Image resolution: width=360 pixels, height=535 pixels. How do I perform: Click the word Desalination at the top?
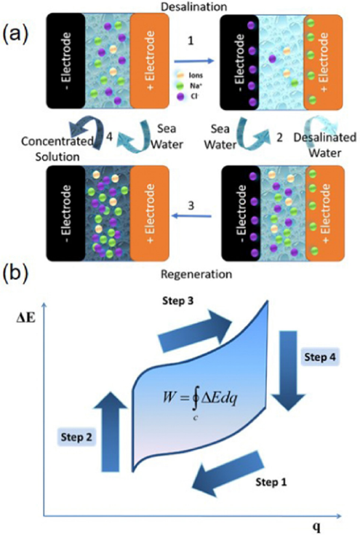tap(194, 7)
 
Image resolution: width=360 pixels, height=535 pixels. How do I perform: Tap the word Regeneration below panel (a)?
tap(196, 274)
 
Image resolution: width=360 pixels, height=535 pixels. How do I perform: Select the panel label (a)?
tap(15, 34)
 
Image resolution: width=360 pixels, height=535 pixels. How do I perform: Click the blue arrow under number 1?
tap(194, 61)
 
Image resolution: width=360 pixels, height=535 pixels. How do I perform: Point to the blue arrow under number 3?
tap(191, 216)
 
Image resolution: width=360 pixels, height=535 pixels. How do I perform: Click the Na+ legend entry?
tap(190, 86)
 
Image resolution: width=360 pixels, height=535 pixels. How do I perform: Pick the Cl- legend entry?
tap(188, 97)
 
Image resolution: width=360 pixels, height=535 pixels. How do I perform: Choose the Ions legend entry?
tap(190, 76)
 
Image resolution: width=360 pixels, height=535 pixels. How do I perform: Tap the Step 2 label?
tap(76, 437)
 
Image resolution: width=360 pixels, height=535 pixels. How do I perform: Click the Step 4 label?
tap(320, 357)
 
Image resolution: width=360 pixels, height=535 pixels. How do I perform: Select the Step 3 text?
tap(178, 301)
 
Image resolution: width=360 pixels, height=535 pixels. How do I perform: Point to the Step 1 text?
tap(271, 482)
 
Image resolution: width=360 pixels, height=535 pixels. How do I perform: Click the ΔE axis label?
tap(26, 320)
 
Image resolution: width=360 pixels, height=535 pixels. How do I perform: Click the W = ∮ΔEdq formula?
tap(200, 401)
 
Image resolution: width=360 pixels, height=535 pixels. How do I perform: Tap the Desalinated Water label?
tap(325, 145)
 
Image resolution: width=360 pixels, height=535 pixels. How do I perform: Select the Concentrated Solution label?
tap(57, 148)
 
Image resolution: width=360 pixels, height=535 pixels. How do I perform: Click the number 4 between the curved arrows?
tap(109, 137)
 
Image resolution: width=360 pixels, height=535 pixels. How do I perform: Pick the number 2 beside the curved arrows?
tap(279, 137)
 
